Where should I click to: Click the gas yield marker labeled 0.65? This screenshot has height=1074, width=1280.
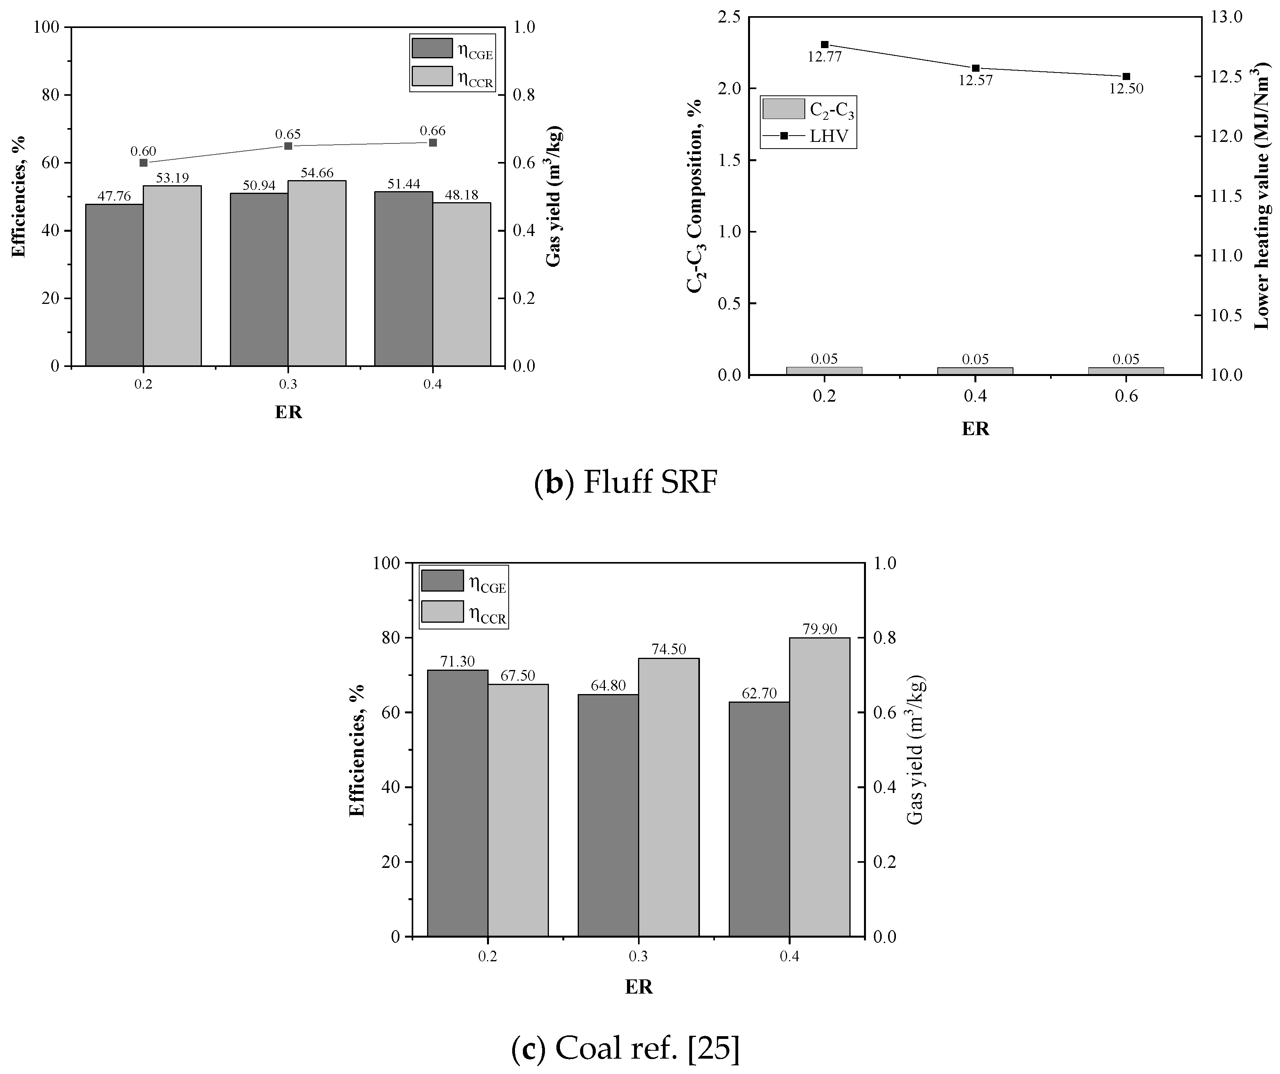coord(288,145)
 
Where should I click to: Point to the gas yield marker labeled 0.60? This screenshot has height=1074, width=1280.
coord(143,163)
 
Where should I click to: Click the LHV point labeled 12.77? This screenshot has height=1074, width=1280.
coord(825,45)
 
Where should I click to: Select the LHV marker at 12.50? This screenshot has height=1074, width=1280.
coord(1126,76)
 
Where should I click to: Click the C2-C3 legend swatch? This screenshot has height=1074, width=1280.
coord(783,109)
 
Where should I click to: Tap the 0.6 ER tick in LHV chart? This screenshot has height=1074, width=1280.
coord(1126,396)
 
